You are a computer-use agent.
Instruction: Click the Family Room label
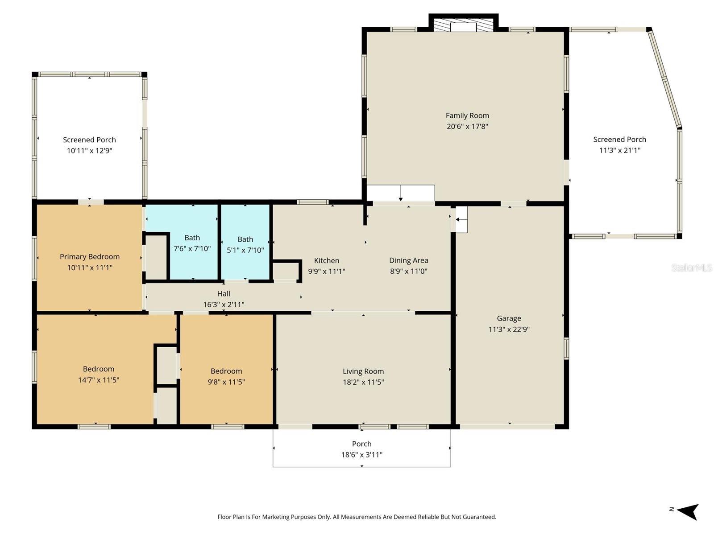(x=467, y=115)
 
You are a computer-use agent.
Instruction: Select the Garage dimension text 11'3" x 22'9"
(x=509, y=329)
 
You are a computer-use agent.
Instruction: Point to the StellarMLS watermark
(x=691, y=267)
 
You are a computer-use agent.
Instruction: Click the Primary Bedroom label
(x=90, y=257)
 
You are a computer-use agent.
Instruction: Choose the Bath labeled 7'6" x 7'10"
(x=192, y=243)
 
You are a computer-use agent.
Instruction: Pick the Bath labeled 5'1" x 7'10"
(x=245, y=245)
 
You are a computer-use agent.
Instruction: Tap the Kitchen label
(x=327, y=260)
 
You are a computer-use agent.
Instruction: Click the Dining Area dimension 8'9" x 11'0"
(x=408, y=271)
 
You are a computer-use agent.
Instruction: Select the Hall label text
(x=224, y=293)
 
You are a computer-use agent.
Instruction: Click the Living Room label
(x=363, y=371)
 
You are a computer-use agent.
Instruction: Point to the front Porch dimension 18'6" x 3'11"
(x=361, y=455)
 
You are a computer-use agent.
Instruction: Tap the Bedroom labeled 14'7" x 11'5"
(x=98, y=374)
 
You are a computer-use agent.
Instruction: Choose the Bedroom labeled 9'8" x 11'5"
(x=226, y=376)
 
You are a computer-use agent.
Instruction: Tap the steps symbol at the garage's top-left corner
(x=461, y=219)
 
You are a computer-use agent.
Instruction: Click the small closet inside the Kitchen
(x=286, y=271)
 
